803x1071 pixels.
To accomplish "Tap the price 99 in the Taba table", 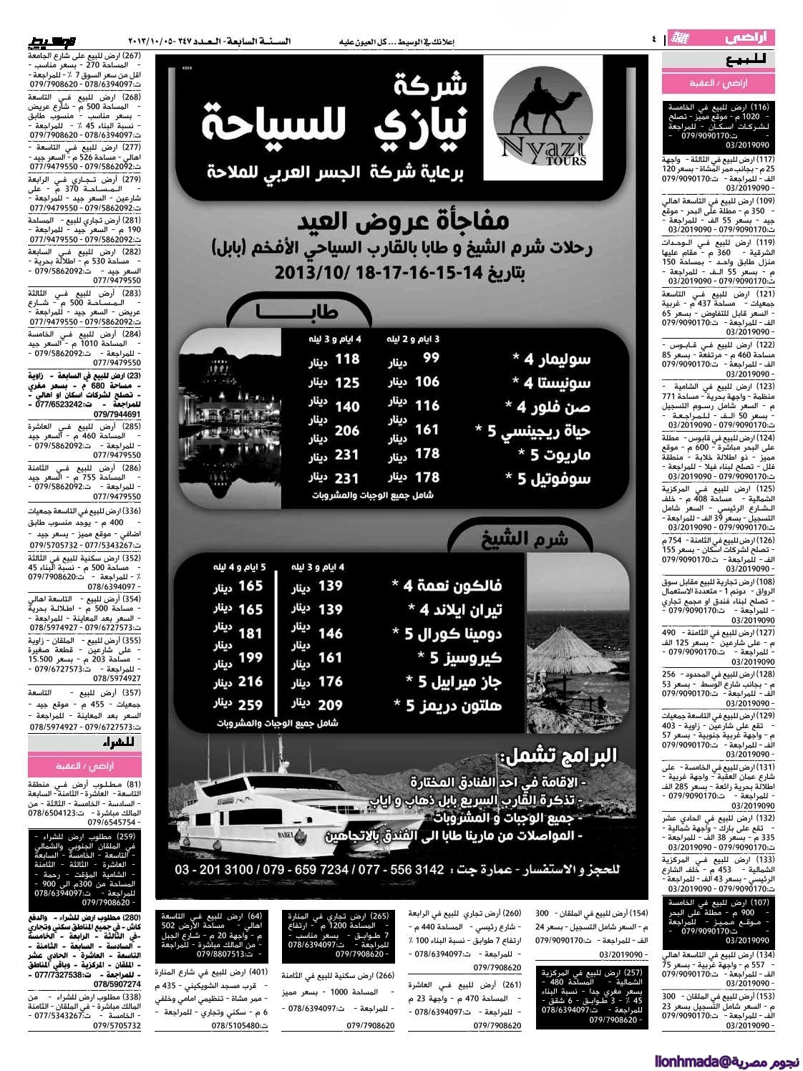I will [431, 359].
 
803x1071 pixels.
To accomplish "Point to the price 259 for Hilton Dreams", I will [250, 704].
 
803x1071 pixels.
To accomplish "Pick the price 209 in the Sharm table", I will [331, 704].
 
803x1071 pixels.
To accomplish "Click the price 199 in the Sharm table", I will [250, 657].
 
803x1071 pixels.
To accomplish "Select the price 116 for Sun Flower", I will [428, 406].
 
